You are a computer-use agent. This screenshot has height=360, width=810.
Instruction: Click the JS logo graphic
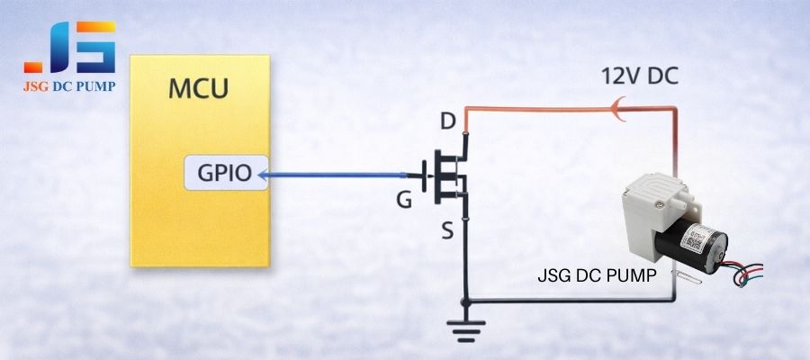pyautogui.click(x=69, y=47)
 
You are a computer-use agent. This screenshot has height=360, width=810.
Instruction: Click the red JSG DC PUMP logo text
pyautogui.click(x=70, y=86)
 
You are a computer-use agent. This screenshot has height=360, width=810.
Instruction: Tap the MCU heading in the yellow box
pyautogui.click(x=198, y=89)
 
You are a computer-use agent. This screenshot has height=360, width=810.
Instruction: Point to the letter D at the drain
pyautogui.click(x=447, y=120)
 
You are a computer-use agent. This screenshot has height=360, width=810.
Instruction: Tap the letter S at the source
pyautogui.click(x=446, y=232)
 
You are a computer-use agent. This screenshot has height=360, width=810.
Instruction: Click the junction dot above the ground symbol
pyautogui.click(x=464, y=300)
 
